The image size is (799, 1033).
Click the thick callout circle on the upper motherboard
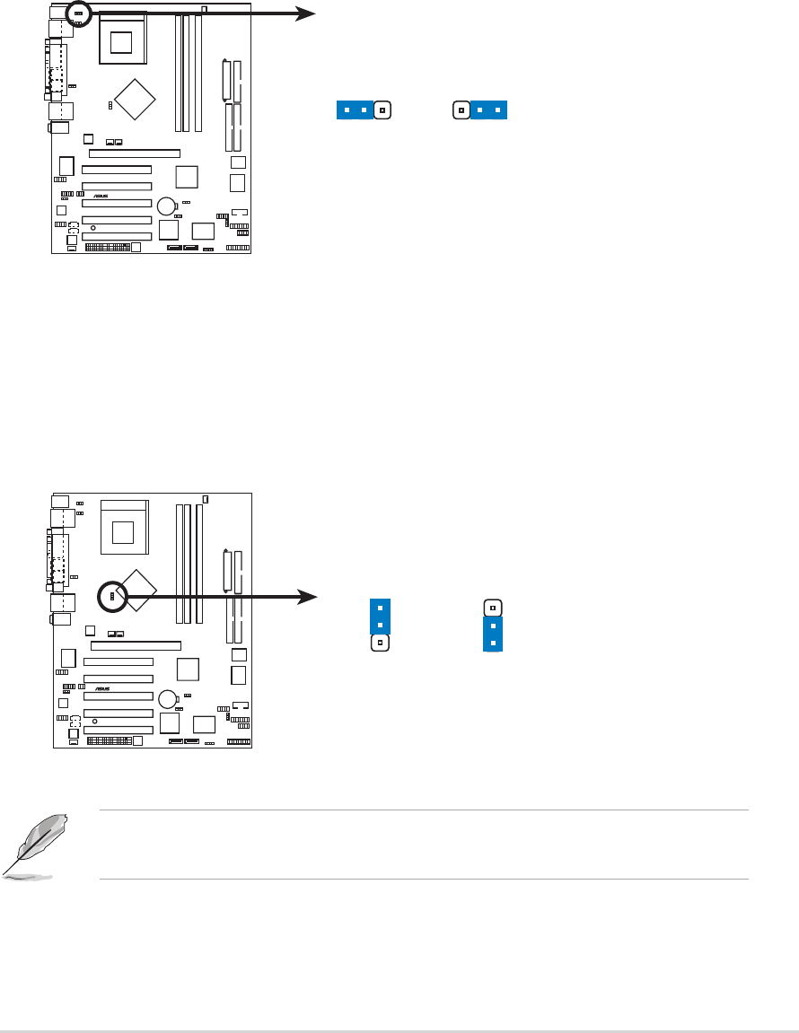click(x=79, y=13)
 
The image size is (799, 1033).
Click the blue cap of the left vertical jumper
click(x=380, y=616)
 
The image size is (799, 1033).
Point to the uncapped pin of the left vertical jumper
click(x=380, y=643)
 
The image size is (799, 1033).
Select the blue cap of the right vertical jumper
click(x=493, y=634)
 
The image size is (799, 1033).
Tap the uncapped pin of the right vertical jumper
click(x=493, y=606)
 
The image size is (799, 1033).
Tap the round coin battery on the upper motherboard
click(x=166, y=206)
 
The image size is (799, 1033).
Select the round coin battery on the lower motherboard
click(x=168, y=698)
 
